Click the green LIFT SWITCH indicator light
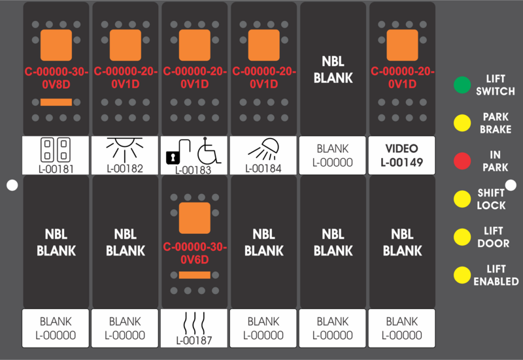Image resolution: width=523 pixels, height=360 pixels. [462, 85]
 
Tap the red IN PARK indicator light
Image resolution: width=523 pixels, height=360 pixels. [462, 161]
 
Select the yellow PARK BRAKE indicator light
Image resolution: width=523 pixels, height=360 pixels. [462, 123]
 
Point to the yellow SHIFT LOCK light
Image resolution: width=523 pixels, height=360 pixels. [462, 199]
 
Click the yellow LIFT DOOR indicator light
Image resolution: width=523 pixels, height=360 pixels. [462, 237]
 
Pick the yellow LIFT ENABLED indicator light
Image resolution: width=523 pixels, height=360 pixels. [462, 274]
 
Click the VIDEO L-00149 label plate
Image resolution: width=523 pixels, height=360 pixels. [401, 155]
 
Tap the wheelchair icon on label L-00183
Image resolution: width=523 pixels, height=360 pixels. [209, 151]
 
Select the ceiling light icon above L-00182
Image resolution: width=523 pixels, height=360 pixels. [125, 150]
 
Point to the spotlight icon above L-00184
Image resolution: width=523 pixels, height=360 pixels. [264, 150]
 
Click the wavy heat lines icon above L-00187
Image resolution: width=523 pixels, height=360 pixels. [194, 323]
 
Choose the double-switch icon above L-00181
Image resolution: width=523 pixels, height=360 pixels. [56, 150]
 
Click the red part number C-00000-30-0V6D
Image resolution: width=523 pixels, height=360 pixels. [195, 254]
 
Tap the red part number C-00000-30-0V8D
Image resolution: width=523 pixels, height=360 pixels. [56, 78]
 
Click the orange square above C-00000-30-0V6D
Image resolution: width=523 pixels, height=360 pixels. [195, 218]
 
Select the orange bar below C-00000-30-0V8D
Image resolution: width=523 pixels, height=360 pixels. [56, 102]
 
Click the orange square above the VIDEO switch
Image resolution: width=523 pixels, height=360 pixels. [402, 45]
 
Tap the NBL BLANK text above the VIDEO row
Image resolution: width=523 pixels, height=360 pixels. [333, 70]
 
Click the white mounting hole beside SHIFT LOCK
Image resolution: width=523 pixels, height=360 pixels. [511, 185]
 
